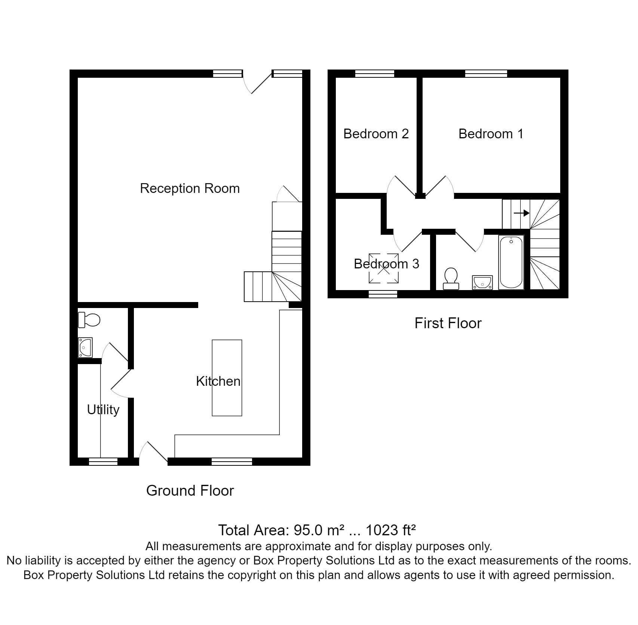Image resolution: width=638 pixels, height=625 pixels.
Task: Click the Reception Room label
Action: [190, 188]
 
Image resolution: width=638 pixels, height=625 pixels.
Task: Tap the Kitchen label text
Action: [218, 381]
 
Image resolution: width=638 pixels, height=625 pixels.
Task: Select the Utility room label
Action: [103, 410]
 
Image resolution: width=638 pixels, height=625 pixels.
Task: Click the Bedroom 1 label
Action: [491, 134]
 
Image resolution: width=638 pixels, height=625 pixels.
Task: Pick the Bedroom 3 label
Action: [386, 264]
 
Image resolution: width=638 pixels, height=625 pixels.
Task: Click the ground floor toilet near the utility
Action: [89, 320]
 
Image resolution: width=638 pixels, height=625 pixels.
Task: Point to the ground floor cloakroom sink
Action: [85, 347]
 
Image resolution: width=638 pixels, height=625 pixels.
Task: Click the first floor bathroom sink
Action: [482, 282]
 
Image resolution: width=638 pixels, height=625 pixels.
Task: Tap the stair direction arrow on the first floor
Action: [522, 213]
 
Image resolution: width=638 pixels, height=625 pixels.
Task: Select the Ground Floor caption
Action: [190, 490]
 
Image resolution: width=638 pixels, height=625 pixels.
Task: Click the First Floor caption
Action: [448, 323]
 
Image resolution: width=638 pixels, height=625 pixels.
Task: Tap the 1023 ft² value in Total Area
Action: [390, 530]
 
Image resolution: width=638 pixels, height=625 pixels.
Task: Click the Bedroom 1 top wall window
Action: [486, 74]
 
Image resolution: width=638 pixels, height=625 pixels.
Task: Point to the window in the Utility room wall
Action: [103, 462]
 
